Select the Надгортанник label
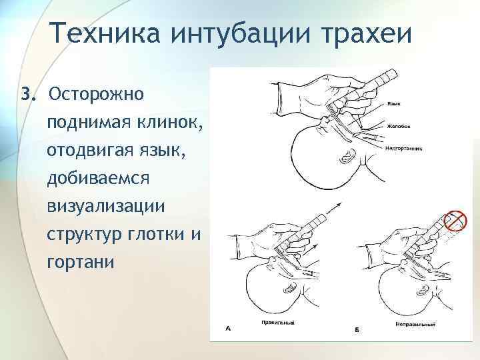[404, 147]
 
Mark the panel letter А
[229, 328]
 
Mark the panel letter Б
[357, 329]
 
